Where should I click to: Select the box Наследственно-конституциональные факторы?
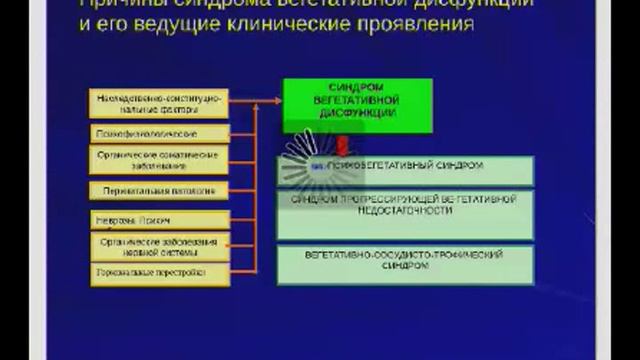click(x=160, y=105)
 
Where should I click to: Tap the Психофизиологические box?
click(x=160, y=133)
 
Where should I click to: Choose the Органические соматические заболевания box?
click(x=160, y=161)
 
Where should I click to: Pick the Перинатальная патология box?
click(x=160, y=190)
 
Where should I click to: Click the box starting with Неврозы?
click(x=160, y=220)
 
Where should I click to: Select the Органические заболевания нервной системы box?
click(x=160, y=246)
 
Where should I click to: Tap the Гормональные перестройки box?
click(x=160, y=272)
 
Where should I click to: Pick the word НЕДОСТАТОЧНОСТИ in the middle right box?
click(x=404, y=213)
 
